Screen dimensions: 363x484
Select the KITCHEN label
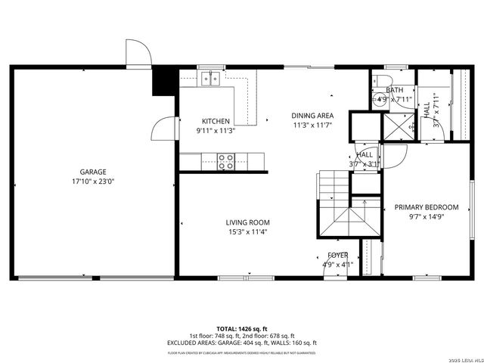coord(216,121)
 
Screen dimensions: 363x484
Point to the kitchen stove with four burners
coord(225,159)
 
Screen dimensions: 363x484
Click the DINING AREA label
coord(312,116)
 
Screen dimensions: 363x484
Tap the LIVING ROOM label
coord(247,222)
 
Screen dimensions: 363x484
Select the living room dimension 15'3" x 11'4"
coord(247,231)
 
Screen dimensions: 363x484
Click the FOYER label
coord(337,256)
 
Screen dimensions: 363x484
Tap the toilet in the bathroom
coord(384,83)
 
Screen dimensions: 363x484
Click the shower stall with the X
coord(398,126)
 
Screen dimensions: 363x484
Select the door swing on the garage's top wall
coord(138,53)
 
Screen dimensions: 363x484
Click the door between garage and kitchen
coord(163,129)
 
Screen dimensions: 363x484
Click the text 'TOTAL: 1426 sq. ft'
coord(241,329)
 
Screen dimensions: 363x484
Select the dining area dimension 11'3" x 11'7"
coord(312,125)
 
